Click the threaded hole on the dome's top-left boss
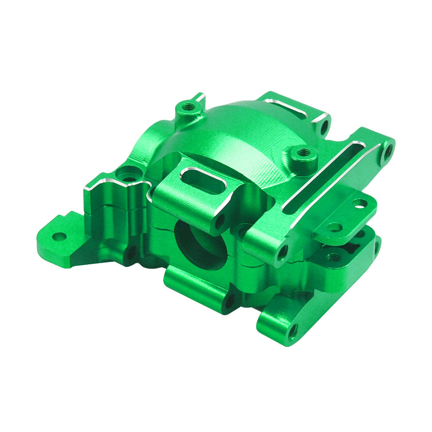click(x=187, y=106)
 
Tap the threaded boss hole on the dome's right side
click(x=303, y=152)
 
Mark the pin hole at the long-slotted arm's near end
click(x=283, y=252)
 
